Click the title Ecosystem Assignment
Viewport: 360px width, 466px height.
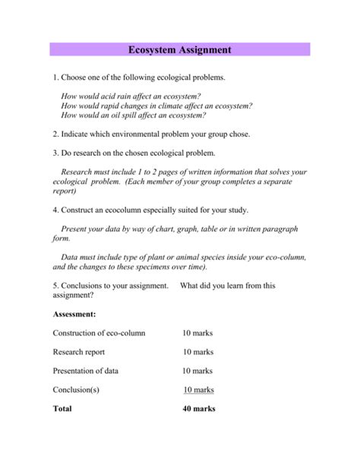(x=180, y=50)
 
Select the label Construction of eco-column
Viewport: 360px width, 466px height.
(x=99, y=333)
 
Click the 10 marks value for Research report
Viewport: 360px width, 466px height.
(x=197, y=352)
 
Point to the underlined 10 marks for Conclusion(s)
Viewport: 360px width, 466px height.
(x=198, y=390)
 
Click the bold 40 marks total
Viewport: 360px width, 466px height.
(x=198, y=408)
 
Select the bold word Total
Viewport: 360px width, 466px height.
(x=62, y=408)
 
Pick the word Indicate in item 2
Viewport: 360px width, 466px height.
(x=79, y=134)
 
